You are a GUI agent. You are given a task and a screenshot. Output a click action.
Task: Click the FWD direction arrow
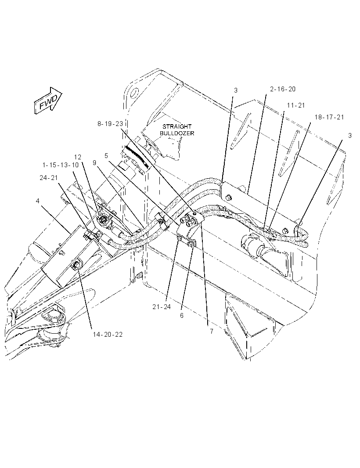[48, 101]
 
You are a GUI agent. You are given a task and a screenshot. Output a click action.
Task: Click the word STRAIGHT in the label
[177, 126]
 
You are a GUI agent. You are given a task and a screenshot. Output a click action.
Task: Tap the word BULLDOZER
[177, 133]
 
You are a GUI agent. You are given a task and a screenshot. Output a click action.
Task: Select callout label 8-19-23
[110, 123]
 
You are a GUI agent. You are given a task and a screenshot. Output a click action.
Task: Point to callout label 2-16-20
[283, 89]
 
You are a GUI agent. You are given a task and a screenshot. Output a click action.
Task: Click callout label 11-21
[296, 105]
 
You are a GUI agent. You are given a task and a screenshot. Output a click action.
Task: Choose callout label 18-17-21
[329, 117]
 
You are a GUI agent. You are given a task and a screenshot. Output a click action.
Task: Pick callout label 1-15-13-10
[61, 165]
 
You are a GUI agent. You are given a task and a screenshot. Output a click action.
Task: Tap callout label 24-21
[49, 178]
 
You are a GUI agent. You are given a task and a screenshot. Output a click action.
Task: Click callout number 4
[38, 201]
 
